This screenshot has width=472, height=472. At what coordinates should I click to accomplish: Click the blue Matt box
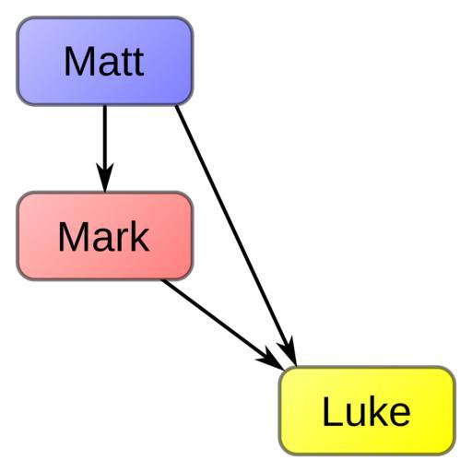105,61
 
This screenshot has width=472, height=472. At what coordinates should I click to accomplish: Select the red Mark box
105,236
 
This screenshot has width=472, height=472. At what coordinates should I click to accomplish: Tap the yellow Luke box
367,410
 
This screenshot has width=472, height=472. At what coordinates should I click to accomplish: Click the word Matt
104,61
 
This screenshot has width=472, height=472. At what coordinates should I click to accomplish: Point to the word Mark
104,236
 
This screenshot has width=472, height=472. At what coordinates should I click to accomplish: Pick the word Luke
367,411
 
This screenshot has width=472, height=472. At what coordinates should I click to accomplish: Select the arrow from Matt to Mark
105,148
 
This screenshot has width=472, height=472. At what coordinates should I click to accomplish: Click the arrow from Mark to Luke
223,324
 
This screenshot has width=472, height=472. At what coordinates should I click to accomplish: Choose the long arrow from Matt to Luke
236,236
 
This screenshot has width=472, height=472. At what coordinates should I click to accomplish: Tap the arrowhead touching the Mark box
105,178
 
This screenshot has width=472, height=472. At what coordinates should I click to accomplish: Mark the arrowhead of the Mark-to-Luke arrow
271,360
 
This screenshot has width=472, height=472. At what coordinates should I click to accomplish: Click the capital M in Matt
77,61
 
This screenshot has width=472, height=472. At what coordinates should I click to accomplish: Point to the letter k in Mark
139,236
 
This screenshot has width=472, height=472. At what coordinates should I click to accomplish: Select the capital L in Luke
332,411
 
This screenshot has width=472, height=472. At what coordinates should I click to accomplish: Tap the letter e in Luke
400,415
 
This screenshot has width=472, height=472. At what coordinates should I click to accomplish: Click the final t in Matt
138,64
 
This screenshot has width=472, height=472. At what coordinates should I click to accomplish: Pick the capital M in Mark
71,236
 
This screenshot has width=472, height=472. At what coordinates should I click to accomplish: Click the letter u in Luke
356,415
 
